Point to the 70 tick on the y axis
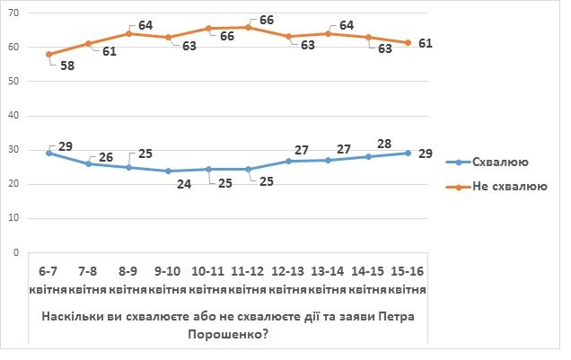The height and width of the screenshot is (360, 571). (18, 13)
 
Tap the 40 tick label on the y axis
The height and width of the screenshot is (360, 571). (18, 116)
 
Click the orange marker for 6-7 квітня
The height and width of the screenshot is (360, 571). (48, 54)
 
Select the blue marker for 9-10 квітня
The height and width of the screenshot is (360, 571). (170, 171)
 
